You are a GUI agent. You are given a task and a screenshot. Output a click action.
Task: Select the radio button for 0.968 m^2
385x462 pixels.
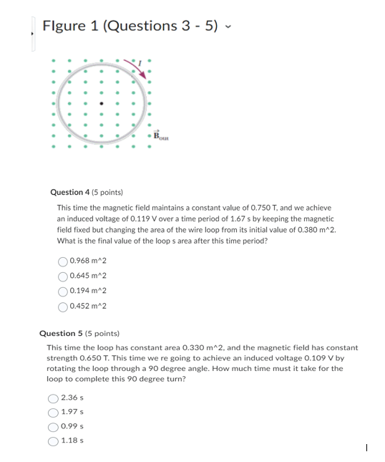[x=64, y=262]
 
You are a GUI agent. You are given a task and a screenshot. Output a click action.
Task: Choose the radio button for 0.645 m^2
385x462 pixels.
[x=64, y=276]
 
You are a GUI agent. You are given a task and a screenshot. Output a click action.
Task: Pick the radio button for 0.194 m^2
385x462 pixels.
[x=64, y=292]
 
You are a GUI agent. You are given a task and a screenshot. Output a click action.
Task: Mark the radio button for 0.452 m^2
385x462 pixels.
[x=64, y=307]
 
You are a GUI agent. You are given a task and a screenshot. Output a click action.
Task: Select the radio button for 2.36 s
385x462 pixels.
[x=53, y=398]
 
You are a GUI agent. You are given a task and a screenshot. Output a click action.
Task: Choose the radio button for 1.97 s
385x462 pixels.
[x=53, y=412]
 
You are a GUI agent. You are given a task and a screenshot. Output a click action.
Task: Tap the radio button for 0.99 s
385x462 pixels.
[x=53, y=426]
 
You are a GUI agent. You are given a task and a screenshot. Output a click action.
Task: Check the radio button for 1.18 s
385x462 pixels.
[x=53, y=441]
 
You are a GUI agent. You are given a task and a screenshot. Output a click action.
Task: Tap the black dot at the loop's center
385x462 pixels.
[x=102, y=103]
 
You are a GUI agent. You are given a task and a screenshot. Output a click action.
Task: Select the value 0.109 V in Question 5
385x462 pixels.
[x=308, y=357]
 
